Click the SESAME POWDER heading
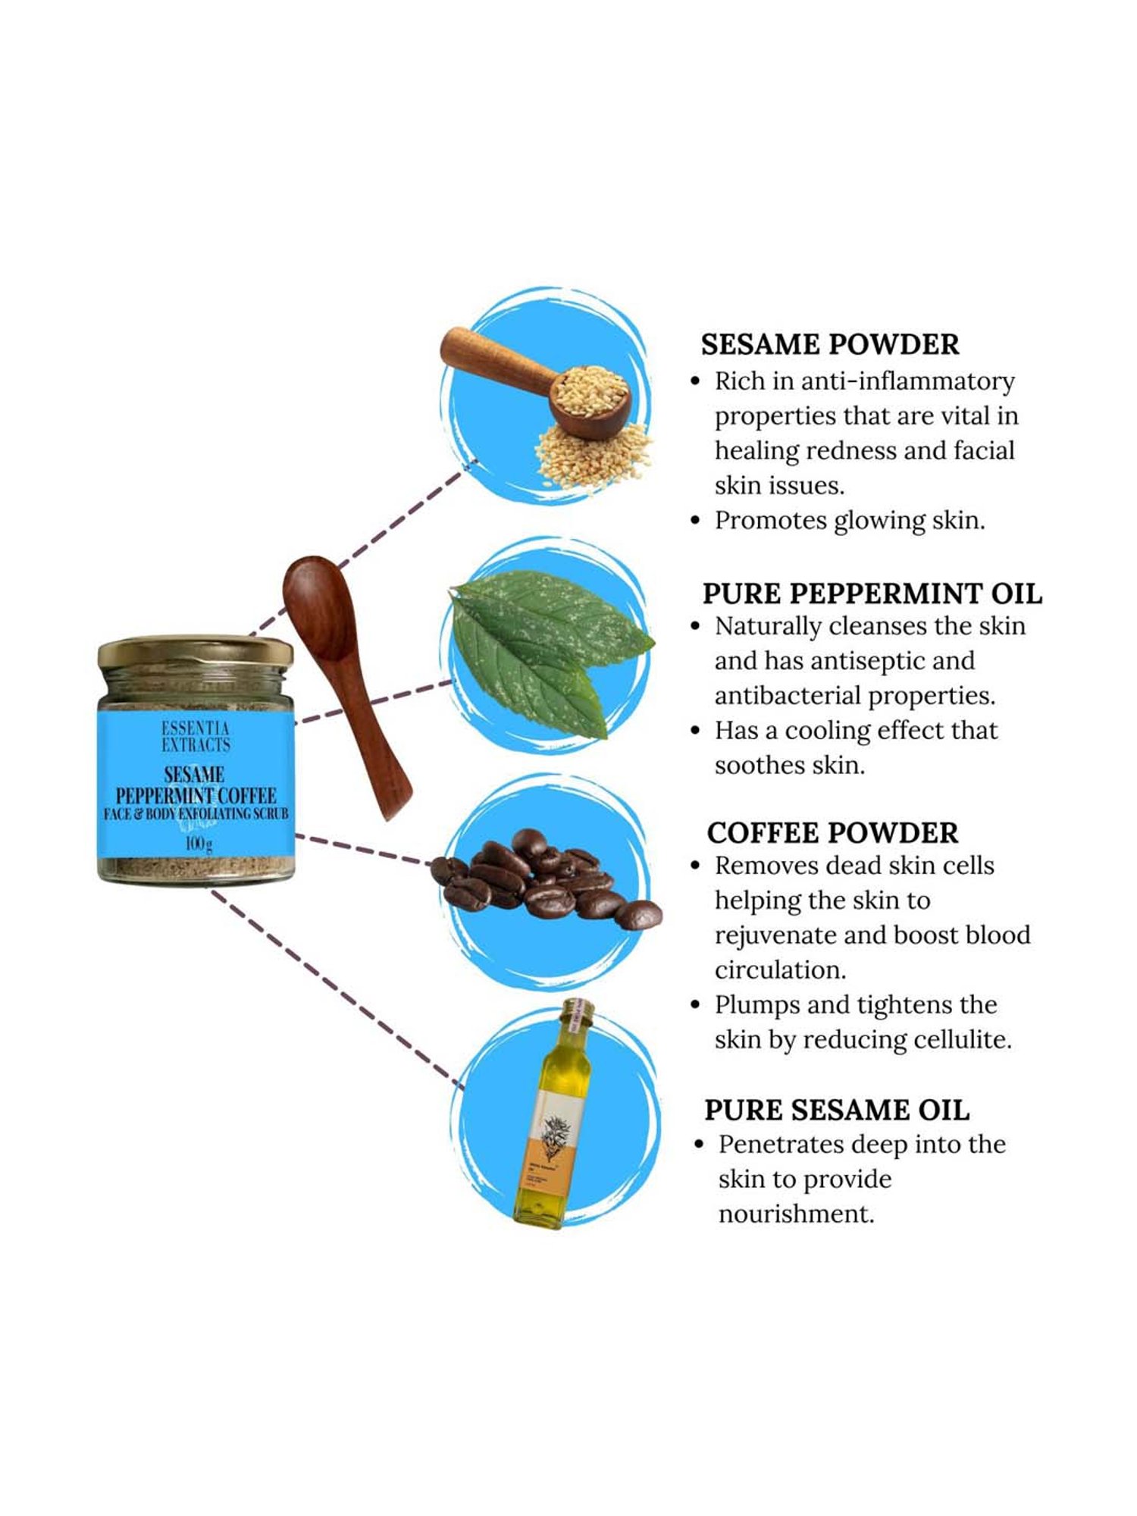(829, 344)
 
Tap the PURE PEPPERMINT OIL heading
(872, 593)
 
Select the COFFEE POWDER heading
(832, 832)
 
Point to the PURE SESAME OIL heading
(836, 1110)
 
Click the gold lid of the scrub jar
(196, 652)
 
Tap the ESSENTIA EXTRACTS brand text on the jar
(196, 737)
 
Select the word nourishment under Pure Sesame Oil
(796, 1214)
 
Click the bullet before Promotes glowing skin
(696, 521)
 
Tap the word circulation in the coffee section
(780, 969)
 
